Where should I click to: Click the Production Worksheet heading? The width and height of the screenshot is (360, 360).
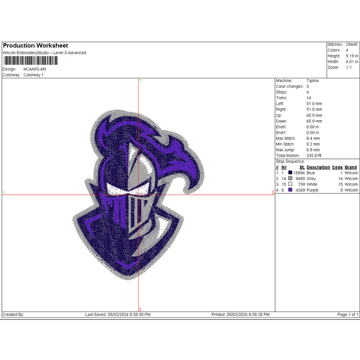(36, 45)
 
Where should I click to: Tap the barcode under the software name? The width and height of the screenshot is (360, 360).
(31, 61)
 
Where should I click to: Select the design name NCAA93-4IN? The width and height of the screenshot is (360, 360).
(35, 69)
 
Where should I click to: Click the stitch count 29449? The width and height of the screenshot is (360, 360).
(351, 45)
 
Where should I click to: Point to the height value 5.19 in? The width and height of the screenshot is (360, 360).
(352, 56)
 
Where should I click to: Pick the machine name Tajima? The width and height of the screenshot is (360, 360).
(312, 81)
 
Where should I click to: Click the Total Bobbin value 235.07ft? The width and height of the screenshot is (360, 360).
(314, 155)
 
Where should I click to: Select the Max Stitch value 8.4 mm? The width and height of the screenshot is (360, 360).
(313, 139)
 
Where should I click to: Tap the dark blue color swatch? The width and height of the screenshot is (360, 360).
(290, 173)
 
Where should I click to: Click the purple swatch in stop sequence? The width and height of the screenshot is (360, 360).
(290, 190)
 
